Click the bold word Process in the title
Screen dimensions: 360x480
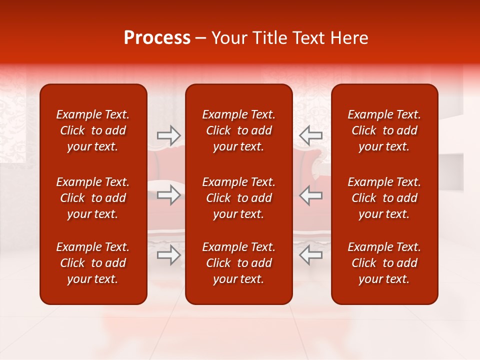[157, 38]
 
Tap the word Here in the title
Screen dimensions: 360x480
[349, 38]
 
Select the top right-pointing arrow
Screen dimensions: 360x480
[168, 135]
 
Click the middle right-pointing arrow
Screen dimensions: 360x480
[168, 195]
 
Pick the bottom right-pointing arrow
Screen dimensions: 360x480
[168, 255]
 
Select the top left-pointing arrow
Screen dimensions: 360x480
[310, 135]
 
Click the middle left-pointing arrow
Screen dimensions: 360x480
[310, 195]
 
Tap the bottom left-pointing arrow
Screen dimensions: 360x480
[310, 255]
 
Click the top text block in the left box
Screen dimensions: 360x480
[93, 130]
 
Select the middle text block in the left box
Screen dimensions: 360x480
[93, 198]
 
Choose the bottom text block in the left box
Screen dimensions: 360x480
[93, 263]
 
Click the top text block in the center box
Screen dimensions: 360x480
[238, 130]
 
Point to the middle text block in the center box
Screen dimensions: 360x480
[238, 198]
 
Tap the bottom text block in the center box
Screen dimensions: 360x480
[238, 263]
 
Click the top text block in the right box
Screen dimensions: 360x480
[384, 130]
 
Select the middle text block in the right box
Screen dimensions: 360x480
[384, 198]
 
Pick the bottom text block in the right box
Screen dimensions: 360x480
[384, 263]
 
